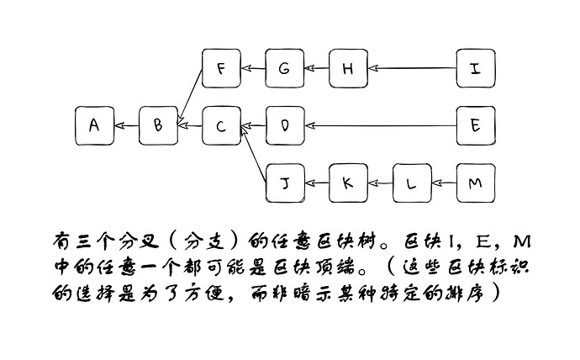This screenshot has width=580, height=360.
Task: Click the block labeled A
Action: tap(94, 126)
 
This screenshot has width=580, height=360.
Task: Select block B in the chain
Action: tap(158, 126)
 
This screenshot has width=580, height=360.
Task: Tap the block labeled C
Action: tap(222, 126)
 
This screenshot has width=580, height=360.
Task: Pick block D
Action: tap(285, 126)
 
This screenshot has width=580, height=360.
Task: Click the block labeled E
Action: tap(476, 126)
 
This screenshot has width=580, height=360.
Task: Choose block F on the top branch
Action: tap(222, 68)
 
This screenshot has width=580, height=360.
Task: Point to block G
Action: tap(285, 68)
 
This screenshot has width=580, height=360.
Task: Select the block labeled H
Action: tap(349, 68)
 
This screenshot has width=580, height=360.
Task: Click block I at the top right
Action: tap(476, 68)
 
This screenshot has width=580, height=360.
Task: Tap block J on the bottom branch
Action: tap(285, 183)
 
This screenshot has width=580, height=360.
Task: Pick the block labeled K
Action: tap(349, 183)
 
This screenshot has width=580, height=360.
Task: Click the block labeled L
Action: tap(412, 183)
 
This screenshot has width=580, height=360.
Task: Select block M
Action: tap(476, 183)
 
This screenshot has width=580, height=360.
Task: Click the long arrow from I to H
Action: tap(413, 68)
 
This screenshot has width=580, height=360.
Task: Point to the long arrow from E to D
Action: tap(381, 126)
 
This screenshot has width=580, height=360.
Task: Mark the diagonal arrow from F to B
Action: tap(191, 96)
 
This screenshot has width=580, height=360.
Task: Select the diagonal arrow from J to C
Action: tap(254, 154)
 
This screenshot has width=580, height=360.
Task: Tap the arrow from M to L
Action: tap(445, 183)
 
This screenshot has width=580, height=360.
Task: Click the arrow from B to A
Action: tap(126, 126)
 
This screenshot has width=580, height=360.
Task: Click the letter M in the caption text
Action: tap(522, 241)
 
